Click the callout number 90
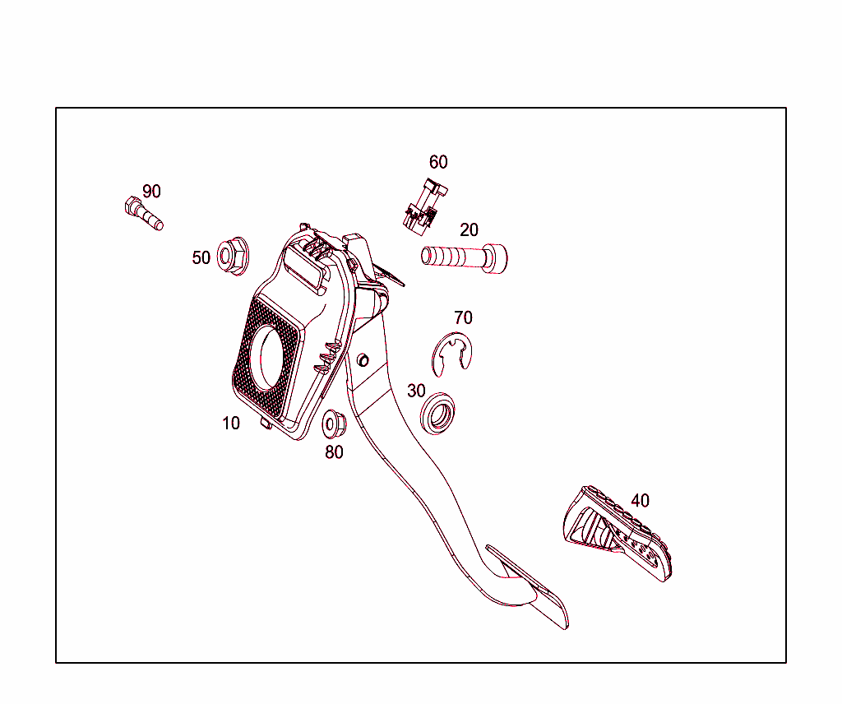coord(151,192)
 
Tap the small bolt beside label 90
coord(142,213)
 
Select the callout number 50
coord(201,258)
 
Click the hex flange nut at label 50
coord(233,255)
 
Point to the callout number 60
coord(438,162)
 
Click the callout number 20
coord(469,230)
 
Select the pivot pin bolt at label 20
coord(465,257)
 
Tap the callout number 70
coord(463,317)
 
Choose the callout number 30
coord(416,390)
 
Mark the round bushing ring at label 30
coord(437,412)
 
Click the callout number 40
coord(640,500)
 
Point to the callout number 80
coord(334,452)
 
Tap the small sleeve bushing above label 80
coord(334,423)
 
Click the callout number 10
coord(231,424)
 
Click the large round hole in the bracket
coord(269,355)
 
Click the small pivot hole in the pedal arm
coord(363,359)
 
